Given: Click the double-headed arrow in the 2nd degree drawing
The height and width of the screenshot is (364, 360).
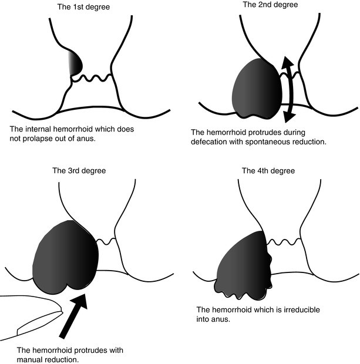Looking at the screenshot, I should (287, 88).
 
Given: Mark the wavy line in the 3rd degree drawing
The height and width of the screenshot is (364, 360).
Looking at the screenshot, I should (107, 241).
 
